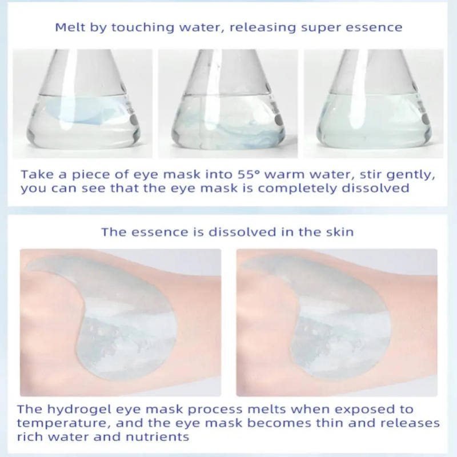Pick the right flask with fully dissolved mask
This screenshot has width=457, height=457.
374,109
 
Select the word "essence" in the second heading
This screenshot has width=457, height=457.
150,232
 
